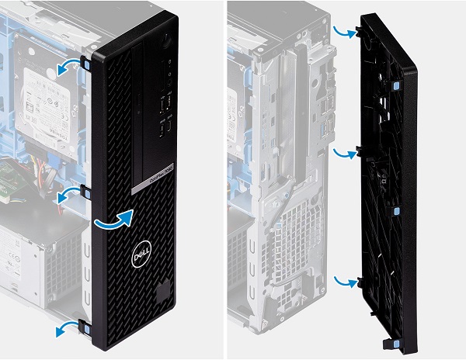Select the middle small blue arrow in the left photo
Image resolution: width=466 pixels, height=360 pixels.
coord(71,193)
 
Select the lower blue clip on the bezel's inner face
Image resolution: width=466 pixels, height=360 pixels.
coord(396,210)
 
